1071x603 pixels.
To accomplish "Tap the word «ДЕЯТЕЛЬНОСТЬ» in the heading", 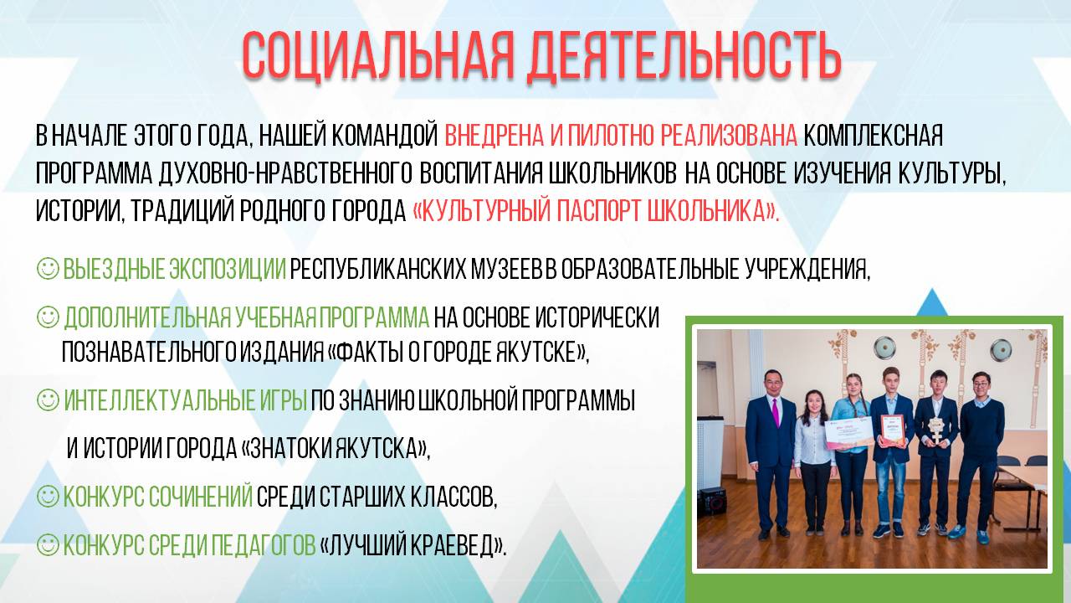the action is coord(684,55).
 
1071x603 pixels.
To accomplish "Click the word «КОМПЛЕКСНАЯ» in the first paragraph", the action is coord(873,136).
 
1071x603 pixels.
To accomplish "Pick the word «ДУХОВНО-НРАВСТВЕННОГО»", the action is coord(285,173).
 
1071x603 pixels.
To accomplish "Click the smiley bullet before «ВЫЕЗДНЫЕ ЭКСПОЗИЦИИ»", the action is coord(48,269).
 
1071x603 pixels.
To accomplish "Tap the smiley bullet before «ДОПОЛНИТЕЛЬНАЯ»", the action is coord(48,317).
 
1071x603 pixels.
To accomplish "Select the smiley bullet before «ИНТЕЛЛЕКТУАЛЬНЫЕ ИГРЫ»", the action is coord(48,400).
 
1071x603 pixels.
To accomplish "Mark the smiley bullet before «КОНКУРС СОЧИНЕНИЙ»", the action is coord(48,497).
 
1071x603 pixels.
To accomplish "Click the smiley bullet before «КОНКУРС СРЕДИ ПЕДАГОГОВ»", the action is coord(48,545).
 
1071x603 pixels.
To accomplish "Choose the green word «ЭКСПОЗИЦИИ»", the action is coord(228,269).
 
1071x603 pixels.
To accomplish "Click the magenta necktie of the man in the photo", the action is coord(776,412).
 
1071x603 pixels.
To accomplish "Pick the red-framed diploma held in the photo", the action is coord(895,430).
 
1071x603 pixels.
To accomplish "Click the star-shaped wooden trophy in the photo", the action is coord(936,431).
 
